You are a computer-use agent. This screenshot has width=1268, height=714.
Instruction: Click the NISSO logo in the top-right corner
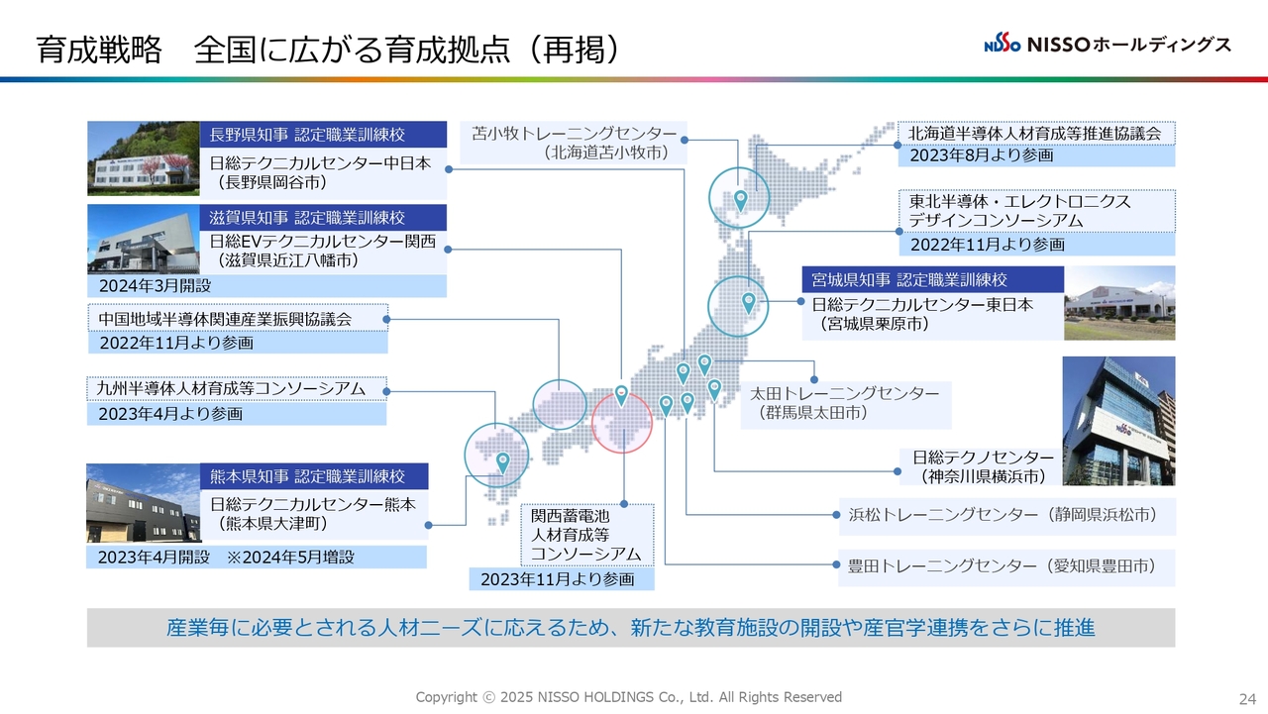tap(1107, 44)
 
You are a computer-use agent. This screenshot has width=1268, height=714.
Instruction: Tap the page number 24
tap(1247, 699)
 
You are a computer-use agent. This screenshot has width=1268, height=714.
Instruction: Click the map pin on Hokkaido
tap(740, 201)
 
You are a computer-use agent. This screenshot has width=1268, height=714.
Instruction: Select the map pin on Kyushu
tap(502, 463)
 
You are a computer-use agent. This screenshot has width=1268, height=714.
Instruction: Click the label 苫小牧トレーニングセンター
tap(574, 134)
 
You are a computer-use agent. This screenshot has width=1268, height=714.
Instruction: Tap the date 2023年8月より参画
tap(982, 155)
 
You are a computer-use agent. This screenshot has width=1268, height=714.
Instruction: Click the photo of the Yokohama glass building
tap(1118, 420)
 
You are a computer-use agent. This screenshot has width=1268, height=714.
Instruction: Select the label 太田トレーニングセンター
tap(845, 393)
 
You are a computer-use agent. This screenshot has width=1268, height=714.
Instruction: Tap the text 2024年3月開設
tap(156, 286)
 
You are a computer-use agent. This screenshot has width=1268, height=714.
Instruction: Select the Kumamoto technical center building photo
tap(144, 503)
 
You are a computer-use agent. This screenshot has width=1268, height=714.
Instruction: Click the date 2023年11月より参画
tap(558, 579)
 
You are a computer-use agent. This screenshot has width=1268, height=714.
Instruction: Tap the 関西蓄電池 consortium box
tap(587, 535)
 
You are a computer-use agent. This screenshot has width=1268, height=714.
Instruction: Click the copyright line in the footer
tap(629, 697)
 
